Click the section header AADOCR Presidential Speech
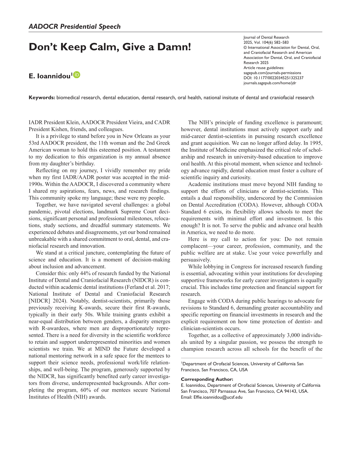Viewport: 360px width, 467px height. [x=75, y=27]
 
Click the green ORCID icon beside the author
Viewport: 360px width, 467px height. [x=77, y=75]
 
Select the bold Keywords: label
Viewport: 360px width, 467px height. [x=42, y=98]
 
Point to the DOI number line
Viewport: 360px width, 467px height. [x=273, y=78]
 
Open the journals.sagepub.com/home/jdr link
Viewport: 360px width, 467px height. [x=270, y=83]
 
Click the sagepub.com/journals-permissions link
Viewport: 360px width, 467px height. [x=272, y=73]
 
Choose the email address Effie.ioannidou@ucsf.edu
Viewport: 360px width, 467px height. [x=218, y=397]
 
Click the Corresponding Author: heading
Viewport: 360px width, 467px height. [x=207, y=379]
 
